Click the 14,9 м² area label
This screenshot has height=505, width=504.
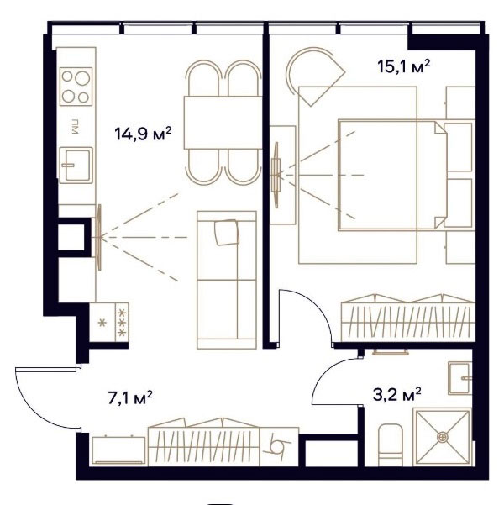pos(143,134)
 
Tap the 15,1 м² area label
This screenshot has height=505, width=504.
pos(403,66)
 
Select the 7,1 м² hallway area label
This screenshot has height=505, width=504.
pos(130,397)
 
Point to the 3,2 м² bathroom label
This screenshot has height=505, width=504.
pos(396,394)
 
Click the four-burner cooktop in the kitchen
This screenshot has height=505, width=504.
pos(76,87)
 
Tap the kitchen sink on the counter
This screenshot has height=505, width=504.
pos(76,166)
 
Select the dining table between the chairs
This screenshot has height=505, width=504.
pos(223,123)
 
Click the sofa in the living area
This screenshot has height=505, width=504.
pos(227,280)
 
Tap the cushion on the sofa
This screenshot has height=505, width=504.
pos(227,232)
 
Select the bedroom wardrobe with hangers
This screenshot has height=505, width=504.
pos(408,318)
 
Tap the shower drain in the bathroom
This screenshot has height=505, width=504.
pos(443,437)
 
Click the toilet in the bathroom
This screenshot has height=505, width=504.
pos(391,445)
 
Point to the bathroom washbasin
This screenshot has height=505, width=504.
pos(460,378)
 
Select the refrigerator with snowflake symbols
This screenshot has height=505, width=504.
pos(109,322)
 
